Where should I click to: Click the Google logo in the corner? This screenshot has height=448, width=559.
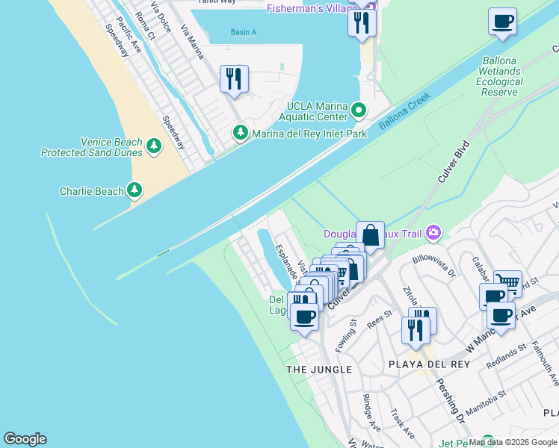pyautogui.click(x=25, y=439)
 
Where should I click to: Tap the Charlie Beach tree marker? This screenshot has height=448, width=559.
pyautogui.click(x=135, y=191)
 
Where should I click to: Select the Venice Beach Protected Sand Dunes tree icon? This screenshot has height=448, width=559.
pyautogui.click(x=154, y=146)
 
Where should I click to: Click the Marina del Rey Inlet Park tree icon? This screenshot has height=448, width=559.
pyautogui.click(x=241, y=134)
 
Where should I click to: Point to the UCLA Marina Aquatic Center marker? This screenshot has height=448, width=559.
pyautogui.click(x=359, y=111)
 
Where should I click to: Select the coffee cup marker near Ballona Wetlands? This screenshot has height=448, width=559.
pyautogui.click(x=502, y=21)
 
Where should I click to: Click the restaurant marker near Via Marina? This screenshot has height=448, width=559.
pyautogui.click(x=234, y=78)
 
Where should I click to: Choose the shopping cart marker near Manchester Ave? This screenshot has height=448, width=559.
pyautogui.click(x=508, y=283)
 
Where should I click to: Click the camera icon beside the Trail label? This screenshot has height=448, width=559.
pyautogui.click(x=433, y=234)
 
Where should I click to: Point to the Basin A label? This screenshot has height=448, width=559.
pyautogui.click(x=243, y=32)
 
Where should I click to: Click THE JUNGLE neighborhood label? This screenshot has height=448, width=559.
pyautogui.click(x=319, y=370)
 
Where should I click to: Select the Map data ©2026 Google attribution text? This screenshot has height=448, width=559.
pyautogui.click(x=513, y=442)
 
